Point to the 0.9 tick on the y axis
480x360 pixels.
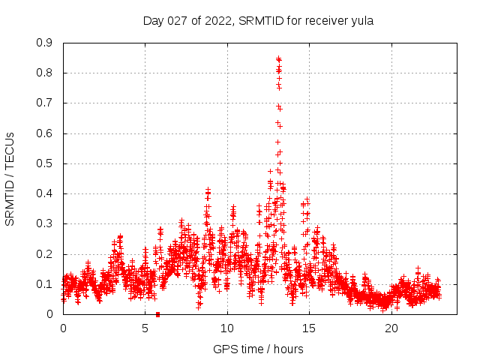pyautogui.click(x=45, y=43)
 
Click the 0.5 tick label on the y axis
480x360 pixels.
pyautogui.click(x=45, y=163)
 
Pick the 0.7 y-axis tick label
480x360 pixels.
pyautogui.click(x=45, y=103)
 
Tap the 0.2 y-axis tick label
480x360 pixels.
pyautogui.click(x=45, y=254)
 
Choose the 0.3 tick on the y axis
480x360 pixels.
pyautogui.click(x=45, y=223)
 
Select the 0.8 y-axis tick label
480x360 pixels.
pyautogui.click(x=45, y=73)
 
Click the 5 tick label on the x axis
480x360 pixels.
pyautogui.click(x=145, y=328)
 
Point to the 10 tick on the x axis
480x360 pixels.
pyautogui.click(x=227, y=328)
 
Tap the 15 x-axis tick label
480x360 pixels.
pyautogui.click(x=309, y=328)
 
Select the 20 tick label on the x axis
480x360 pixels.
pyautogui.click(x=391, y=328)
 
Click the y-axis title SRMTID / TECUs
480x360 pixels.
pyautogui.click(x=10, y=178)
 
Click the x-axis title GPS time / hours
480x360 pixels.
pyautogui.click(x=259, y=349)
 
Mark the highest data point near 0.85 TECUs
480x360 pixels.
pyautogui.click(x=278, y=58)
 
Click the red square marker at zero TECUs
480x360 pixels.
pyautogui.click(x=157, y=314)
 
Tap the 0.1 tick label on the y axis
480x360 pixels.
pyautogui.click(x=45, y=284)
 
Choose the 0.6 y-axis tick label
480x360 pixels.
pyautogui.click(x=45, y=133)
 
